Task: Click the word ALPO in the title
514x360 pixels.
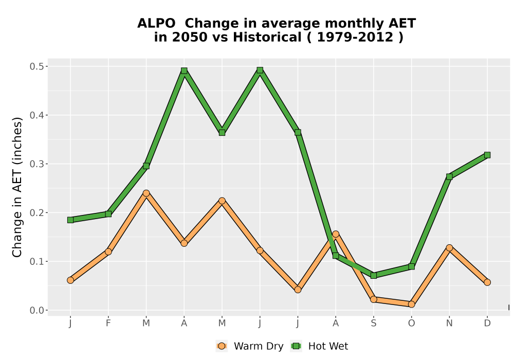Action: [156, 24]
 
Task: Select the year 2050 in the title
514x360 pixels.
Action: [190, 38]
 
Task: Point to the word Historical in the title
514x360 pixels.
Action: [267, 38]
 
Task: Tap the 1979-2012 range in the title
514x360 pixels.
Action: [355, 38]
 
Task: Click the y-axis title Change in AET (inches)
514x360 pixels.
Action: [17, 187]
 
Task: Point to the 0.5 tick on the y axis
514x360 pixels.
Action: [36, 66]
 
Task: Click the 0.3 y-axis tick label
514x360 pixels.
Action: [36, 164]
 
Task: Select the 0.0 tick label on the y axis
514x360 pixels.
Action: [36, 310]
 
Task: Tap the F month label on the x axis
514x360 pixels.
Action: [108, 323]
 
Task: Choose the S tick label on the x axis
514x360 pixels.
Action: [373, 323]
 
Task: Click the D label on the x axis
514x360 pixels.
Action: [487, 323]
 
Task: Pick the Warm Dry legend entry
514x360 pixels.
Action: [249, 346]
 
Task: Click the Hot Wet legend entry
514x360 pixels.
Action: [319, 346]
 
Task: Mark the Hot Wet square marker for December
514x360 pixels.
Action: [487, 155]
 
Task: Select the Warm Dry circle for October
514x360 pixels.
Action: [411, 304]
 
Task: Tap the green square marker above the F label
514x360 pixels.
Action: [108, 214]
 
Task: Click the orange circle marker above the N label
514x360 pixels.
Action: [449, 248]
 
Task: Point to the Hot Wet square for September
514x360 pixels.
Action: [373, 276]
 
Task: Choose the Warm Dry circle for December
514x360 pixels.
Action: [487, 282]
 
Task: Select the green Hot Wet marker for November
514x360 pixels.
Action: [449, 177]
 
